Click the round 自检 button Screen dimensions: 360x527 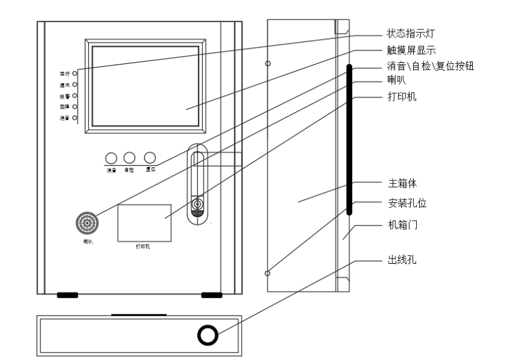pos(129,157)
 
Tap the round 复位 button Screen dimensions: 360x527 pos(150,157)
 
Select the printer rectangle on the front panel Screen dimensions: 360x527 pos(144,222)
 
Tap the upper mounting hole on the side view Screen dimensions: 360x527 pos(268,63)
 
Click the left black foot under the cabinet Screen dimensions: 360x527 pos(68,295)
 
